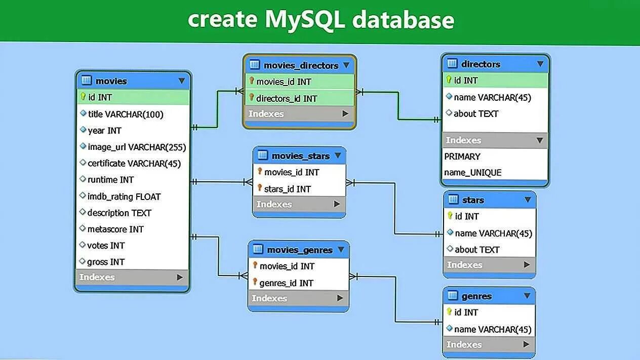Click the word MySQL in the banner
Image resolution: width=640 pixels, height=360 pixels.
305,20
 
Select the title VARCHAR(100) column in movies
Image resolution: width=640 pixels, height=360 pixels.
126,114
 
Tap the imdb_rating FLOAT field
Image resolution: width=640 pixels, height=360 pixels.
124,196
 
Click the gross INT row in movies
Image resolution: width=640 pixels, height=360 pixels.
106,262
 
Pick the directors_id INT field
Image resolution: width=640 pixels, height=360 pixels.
287,98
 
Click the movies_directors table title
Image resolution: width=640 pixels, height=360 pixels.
301,65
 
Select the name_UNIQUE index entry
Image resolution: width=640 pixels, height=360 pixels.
473,172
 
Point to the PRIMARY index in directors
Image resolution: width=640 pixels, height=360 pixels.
462,156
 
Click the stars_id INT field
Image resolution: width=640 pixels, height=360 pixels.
288,189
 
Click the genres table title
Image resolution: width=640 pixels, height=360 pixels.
476,296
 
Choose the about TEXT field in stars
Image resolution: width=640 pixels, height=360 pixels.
477,250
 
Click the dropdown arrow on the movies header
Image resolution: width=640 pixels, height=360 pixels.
182,81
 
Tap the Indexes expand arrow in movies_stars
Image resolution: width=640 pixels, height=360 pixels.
337,204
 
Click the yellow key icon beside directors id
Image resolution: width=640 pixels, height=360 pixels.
449,79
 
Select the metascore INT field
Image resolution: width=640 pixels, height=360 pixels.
115,229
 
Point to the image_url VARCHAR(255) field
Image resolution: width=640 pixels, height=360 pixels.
137,147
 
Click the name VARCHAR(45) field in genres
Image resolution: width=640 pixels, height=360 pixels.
493,329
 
